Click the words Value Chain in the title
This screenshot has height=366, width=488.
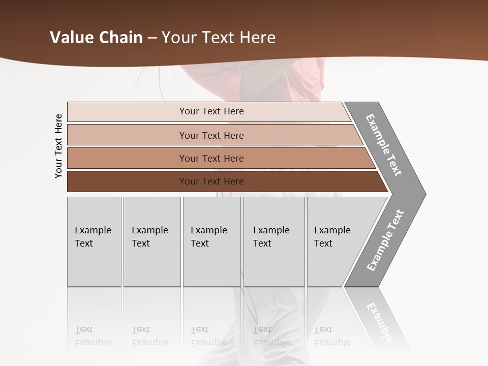96,38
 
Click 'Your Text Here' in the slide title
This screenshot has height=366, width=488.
219,38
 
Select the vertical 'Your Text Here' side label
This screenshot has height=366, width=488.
58,146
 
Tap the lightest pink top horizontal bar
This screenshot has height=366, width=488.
211,111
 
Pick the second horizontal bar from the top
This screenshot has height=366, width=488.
211,135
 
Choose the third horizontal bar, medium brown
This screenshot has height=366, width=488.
211,158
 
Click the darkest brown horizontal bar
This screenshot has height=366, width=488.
211,181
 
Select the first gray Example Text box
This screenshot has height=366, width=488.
94,241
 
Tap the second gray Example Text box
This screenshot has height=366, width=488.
152,241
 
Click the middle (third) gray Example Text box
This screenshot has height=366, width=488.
211,241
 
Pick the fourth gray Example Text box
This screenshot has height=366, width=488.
274,241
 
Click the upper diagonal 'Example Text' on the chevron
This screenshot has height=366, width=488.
384,145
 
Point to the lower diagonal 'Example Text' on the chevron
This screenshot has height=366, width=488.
385,240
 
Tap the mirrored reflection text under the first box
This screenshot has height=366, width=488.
93,337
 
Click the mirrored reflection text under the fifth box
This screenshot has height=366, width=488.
332,337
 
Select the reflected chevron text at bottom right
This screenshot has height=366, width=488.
382,320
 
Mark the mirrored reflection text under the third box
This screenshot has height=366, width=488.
208,337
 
